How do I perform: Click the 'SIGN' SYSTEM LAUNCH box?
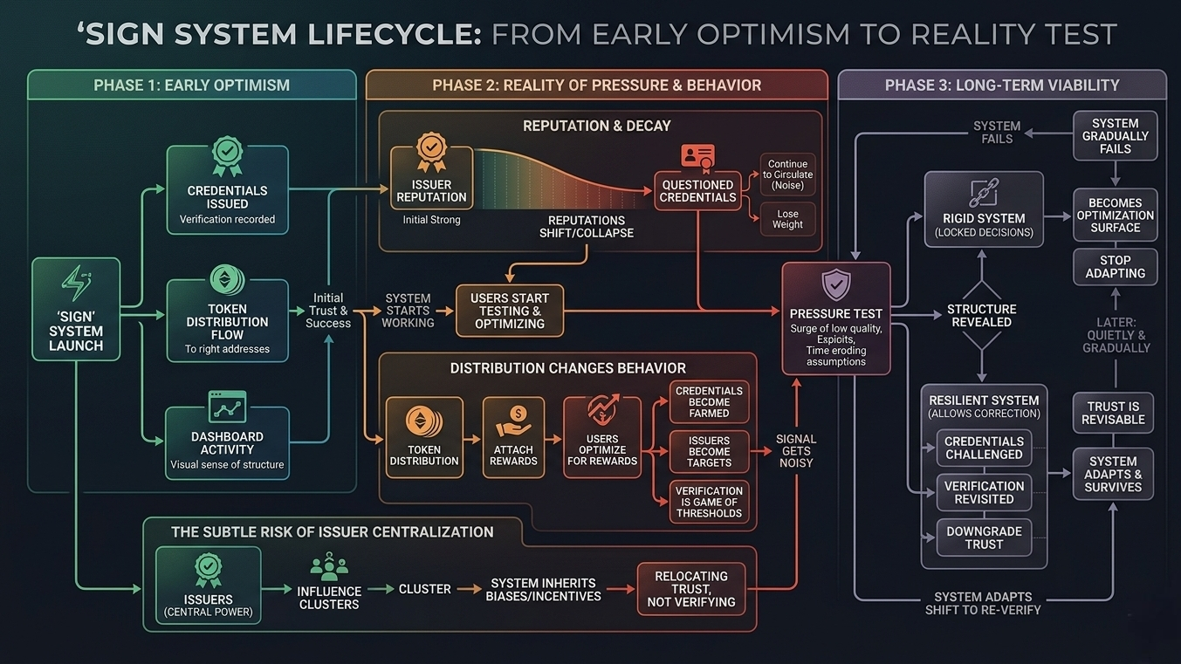click(x=76, y=310)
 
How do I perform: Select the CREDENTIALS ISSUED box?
click(x=227, y=190)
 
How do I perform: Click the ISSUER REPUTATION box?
click(x=431, y=178)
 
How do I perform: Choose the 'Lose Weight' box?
click(x=787, y=218)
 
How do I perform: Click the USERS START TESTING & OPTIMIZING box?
click(x=510, y=311)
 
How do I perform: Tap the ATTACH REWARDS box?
click(x=513, y=437)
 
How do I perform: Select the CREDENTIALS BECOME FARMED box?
click(x=709, y=402)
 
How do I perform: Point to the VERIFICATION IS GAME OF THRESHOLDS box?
click(x=709, y=502)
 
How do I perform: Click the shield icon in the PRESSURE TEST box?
click(x=836, y=284)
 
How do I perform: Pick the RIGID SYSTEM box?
click(x=984, y=209)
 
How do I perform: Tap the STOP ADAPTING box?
click(x=1115, y=266)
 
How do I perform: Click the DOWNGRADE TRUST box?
click(x=984, y=537)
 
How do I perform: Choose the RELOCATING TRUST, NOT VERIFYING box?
click(x=690, y=589)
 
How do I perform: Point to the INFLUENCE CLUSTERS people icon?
click(x=329, y=566)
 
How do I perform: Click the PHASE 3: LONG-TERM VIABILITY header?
click(x=1001, y=86)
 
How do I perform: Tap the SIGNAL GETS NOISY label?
click(x=796, y=450)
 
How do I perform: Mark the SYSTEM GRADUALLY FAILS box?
click(x=1115, y=136)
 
